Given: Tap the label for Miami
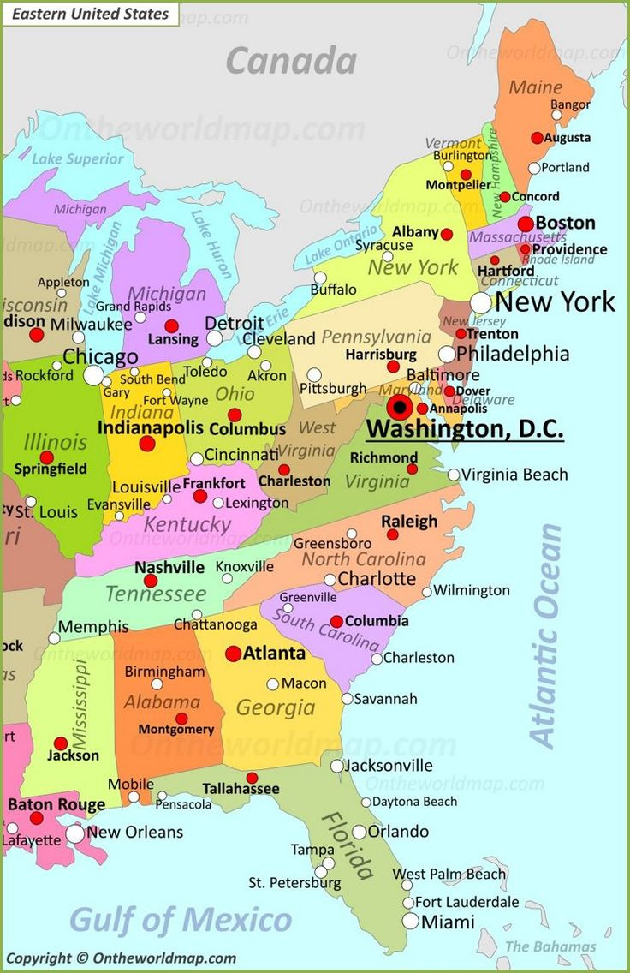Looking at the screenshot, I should [x=448, y=922].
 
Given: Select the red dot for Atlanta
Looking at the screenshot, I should [x=233, y=654].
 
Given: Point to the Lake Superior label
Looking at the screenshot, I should [x=78, y=158].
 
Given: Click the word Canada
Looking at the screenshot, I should [x=291, y=61].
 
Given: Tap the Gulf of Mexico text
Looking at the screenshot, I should [x=180, y=920].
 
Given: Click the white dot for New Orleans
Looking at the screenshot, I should [x=75, y=833].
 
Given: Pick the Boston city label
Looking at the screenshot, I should [x=565, y=223].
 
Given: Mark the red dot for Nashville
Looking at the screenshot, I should [x=151, y=581].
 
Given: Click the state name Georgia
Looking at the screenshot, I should [x=276, y=707].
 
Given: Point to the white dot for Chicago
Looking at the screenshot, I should [x=93, y=375].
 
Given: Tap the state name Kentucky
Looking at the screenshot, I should [x=187, y=523].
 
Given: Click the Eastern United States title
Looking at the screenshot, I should [x=92, y=14].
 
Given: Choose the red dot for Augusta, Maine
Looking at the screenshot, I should [x=537, y=137].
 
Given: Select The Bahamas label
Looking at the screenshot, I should [x=550, y=946].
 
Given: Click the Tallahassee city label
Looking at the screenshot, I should [x=241, y=788].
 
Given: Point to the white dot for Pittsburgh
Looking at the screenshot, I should [x=314, y=375].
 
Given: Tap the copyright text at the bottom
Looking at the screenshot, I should [x=121, y=958].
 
